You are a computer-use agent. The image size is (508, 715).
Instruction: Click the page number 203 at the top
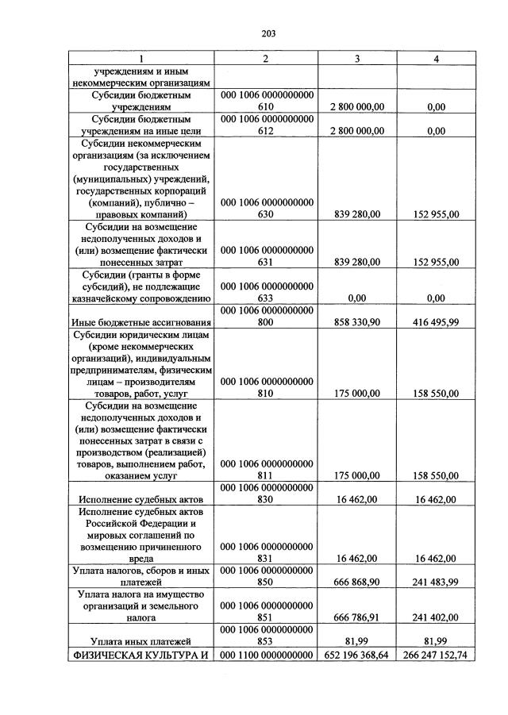tap(267, 34)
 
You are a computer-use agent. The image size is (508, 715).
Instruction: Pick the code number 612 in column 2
tap(266, 132)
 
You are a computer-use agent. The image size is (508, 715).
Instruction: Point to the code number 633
tap(266, 298)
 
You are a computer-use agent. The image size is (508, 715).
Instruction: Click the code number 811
tap(266, 476)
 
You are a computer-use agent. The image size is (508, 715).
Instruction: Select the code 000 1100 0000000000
tap(266, 655)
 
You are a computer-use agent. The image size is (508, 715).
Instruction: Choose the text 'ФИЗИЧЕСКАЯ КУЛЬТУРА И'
tap(140, 655)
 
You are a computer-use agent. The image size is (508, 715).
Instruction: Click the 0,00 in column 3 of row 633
tap(369, 298)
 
